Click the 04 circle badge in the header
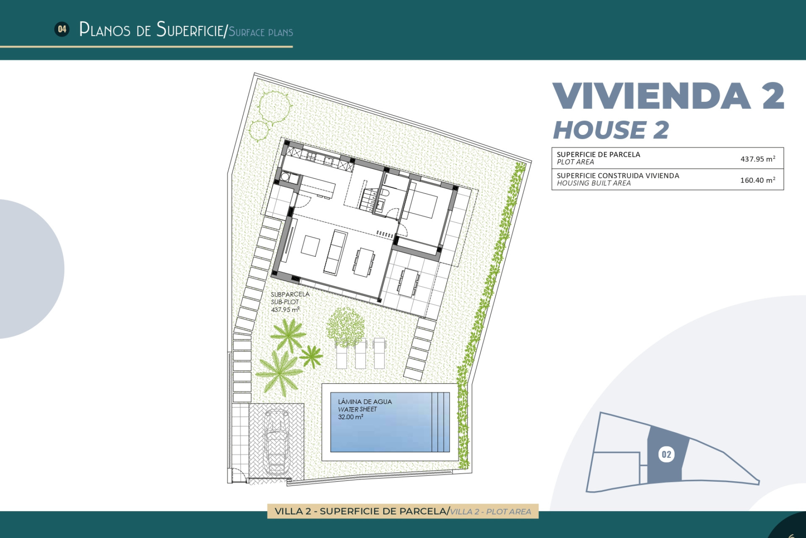(62, 29)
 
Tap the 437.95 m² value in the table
(757, 159)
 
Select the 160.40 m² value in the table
(757, 180)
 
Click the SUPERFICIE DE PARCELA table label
(598, 154)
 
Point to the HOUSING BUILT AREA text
(594, 183)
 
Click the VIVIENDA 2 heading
(668, 96)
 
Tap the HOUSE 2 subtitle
(611, 130)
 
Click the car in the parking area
(276, 442)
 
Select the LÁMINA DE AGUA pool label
(365, 402)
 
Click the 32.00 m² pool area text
(351, 417)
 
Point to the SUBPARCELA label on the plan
(290, 294)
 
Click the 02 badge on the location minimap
(666, 454)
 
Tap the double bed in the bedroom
(422, 204)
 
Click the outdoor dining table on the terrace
(408, 282)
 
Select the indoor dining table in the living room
(364, 262)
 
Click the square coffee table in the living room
(310, 246)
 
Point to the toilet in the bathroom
(385, 193)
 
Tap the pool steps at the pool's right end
(440, 422)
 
